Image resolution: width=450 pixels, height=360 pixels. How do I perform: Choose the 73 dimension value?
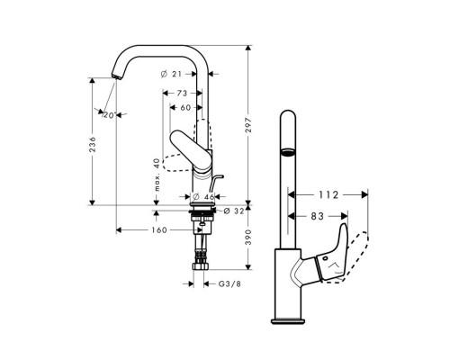click(x=182, y=93)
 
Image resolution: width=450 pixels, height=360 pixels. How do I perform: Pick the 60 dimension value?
click(x=184, y=107)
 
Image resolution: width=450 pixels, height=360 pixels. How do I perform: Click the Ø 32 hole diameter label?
click(x=232, y=212)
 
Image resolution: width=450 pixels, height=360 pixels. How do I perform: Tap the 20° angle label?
click(x=110, y=115)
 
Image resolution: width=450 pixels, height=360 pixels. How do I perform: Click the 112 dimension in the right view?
click(x=328, y=192)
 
